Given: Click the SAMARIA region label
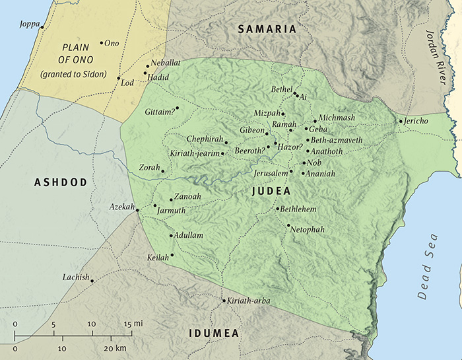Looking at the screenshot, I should point(267,29).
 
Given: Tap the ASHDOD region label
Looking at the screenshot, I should point(61,182).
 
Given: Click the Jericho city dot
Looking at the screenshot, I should point(400,121).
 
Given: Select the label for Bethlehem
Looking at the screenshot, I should point(299,209).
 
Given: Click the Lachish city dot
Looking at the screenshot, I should point(92,281).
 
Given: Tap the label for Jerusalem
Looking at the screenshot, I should point(271,172).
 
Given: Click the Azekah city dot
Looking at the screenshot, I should point(137,210).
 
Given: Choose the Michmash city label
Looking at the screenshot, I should point(337,118).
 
